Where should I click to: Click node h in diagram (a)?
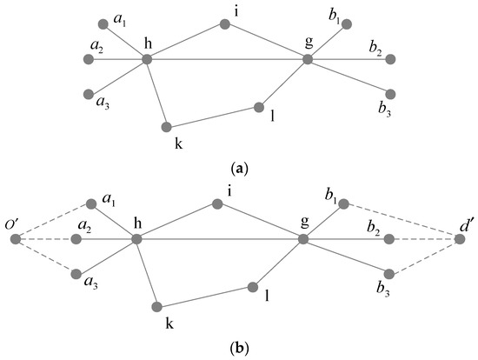147,59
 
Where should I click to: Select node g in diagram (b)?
303,239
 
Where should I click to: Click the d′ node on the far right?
461,239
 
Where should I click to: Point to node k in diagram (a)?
167,127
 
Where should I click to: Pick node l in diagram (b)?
253,287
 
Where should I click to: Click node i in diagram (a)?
224,25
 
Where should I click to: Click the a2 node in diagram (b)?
87,239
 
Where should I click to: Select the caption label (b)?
238,349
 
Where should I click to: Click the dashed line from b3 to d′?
426,255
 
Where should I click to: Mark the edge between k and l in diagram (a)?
213,117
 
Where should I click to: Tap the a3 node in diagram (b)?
87,271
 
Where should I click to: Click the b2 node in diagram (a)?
390,59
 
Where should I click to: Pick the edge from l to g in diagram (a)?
283,83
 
